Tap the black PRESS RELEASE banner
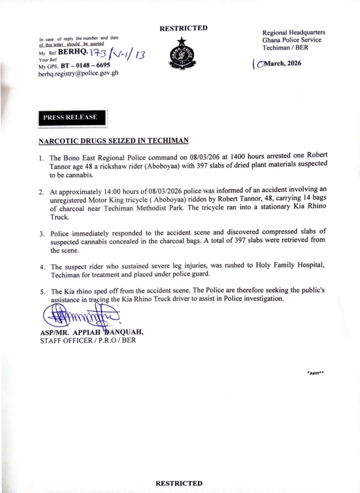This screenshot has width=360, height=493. (x=70, y=117)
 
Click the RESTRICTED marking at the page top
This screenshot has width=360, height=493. (x=183, y=28)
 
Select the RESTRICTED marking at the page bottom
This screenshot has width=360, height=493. (x=179, y=483)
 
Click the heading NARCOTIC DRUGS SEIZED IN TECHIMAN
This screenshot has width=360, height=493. (x=113, y=141)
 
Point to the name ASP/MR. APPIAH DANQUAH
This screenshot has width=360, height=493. (x=91, y=332)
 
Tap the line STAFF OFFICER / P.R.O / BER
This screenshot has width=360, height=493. (x=88, y=340)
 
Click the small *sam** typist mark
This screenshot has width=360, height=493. (x=315, y=373)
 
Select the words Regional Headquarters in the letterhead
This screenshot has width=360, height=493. (x=294, y=32)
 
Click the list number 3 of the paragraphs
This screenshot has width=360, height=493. (x=41, y=234)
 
